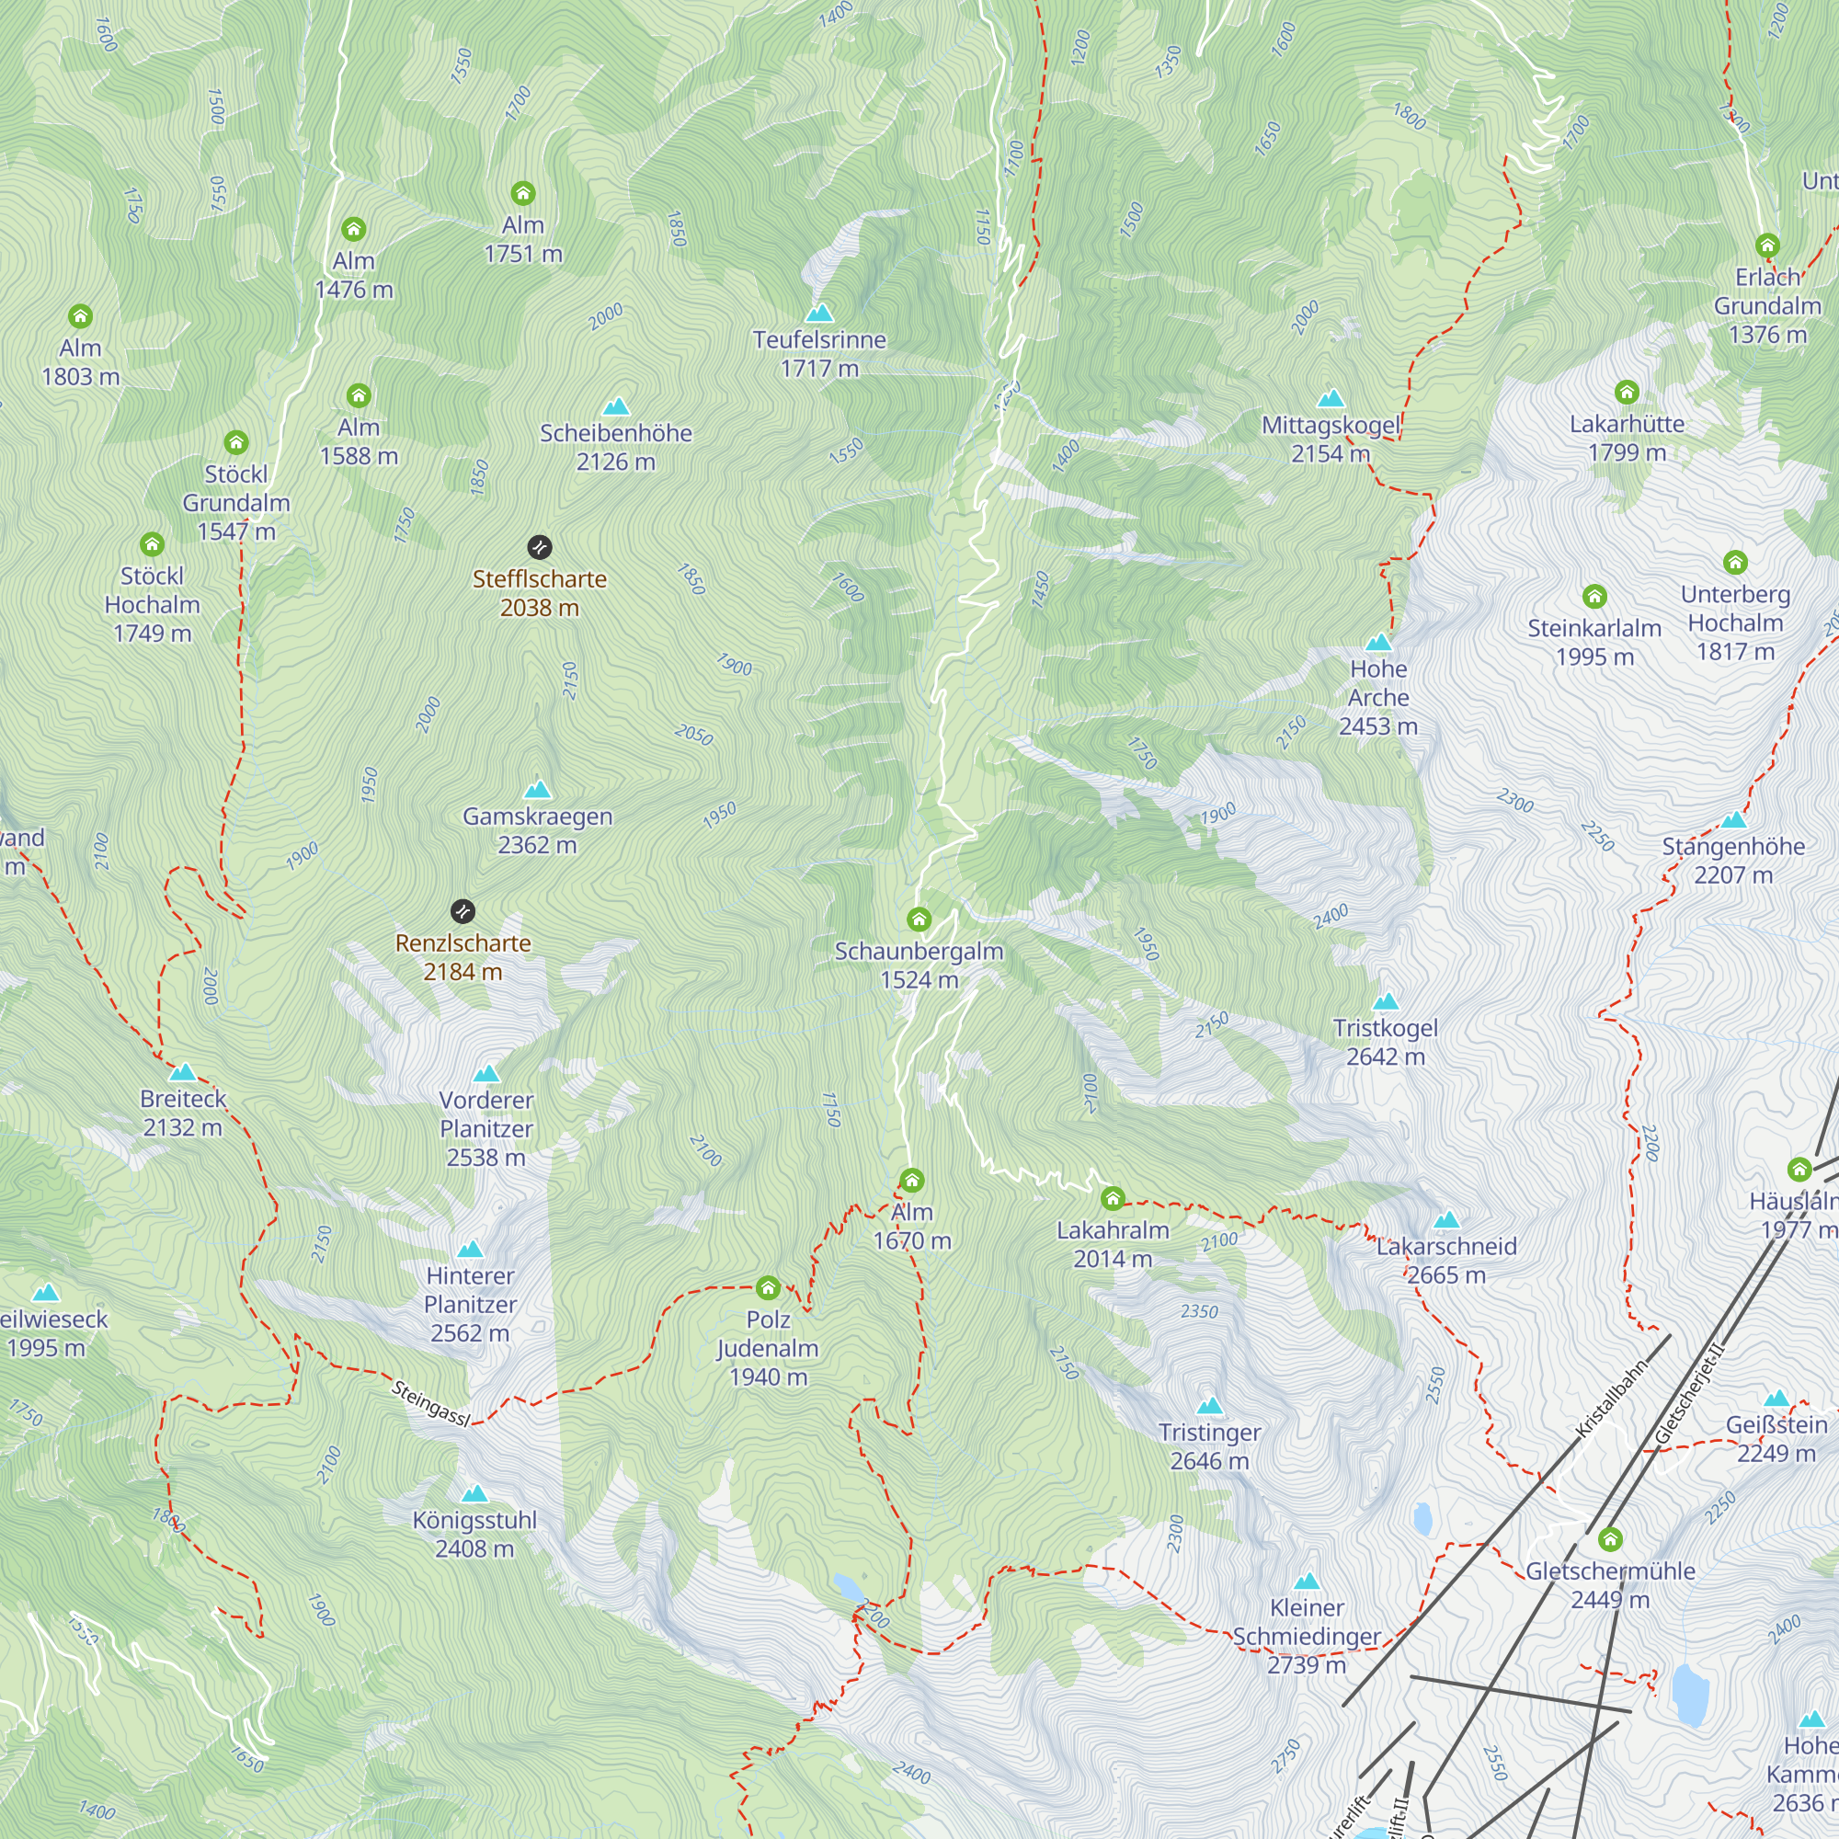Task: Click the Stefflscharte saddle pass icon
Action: pyautogui.click(x=540, y=547)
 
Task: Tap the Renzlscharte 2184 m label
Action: pyautogui.click(x=463, y=957)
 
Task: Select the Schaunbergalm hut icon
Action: pyautogui.click(x=919, y=919)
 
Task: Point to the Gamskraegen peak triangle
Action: pyautogui.click(x=538, y=789)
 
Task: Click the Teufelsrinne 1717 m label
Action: pyautogui.click(x=819, y=354)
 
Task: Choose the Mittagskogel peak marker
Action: pyautogui.click(x=1331, y=398)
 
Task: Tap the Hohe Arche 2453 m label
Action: pyautogui.click(x=1378, y=698)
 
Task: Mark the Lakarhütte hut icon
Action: pyautogui.click(x=1627, y=393)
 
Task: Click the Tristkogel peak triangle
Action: pyautogui.click(x=1386, y=1001)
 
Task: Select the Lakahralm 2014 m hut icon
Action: pyautogui.click(x=1113, y=1198)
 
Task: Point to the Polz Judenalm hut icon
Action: pyautogui.click(x=768, y=1289)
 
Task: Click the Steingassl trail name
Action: pyautogui.click(x=430, y=1404)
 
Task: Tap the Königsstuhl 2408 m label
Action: pyautogui.click(x=474, y=1535)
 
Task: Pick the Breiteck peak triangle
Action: pyautogui.click(x=183, y=1073)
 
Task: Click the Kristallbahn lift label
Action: pyautogui.click(x=1611, y=1400)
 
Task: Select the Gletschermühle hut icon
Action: pyautogui.click(x=1611, y=1539)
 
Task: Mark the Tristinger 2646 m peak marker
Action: pyautogui.click(x=1210, y=1406)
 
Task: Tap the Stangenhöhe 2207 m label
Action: pyautogui.click(x=1733, y=861)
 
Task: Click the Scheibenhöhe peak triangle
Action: pyautogui.click(x=616, y=406)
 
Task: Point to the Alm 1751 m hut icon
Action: pyautogui.click(x=522, y=194)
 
